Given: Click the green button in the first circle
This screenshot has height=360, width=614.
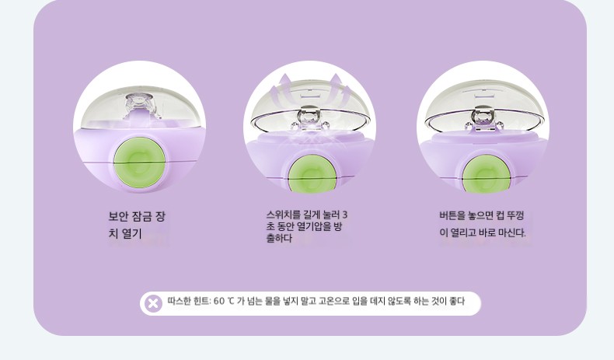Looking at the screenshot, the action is [139, 161].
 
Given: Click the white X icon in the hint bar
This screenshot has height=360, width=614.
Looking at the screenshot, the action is [153, 303].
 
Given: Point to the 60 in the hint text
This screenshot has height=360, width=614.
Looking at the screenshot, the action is [219, 301].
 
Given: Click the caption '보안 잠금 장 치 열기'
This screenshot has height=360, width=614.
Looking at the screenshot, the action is [137, 225].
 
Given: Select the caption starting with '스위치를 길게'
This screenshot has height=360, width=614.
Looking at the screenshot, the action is [306, 226].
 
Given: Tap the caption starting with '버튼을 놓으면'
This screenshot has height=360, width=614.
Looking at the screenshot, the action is [483, 224].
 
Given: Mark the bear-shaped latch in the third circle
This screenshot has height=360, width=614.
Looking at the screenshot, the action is [484, 117].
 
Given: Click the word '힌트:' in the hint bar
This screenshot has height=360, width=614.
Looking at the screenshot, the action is [202, 301].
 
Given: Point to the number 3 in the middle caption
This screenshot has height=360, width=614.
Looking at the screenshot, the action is [344, 215].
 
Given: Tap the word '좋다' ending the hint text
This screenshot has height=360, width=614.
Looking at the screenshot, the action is [457, 301].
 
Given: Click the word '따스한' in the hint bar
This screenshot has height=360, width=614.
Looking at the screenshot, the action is [179, 301].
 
